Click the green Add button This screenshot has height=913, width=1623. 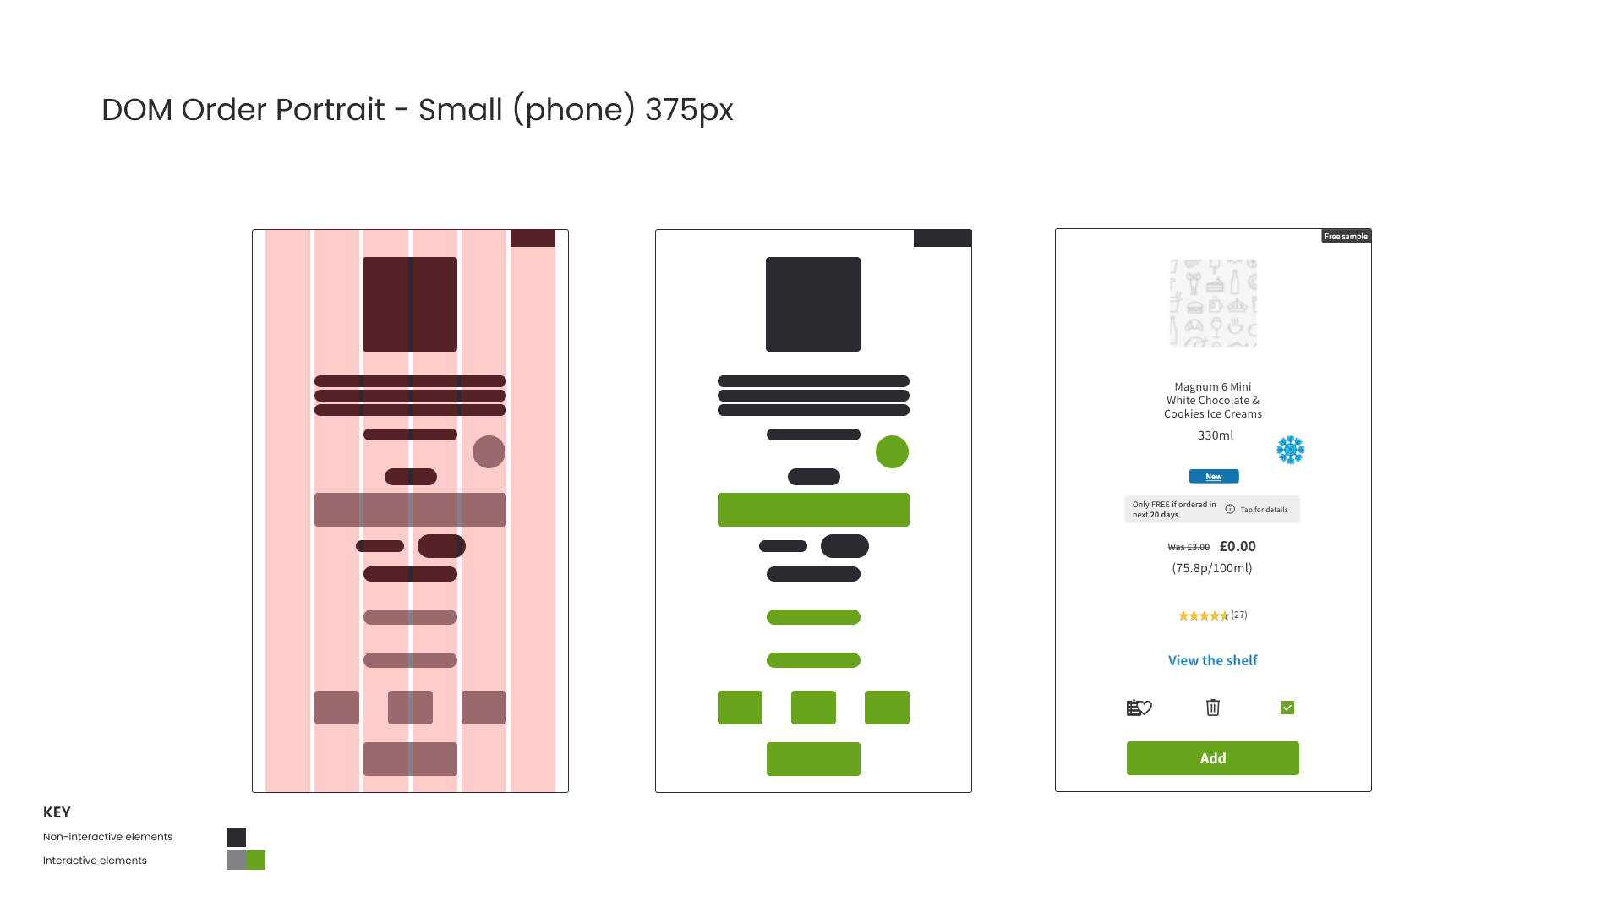tap(1212, 758)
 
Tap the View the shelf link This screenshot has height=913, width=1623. tap(1212, 660)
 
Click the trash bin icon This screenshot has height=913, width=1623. tap(1212, 708)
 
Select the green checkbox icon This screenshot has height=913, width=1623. tap(1287, 708)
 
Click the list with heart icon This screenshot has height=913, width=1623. tap(1139, 708)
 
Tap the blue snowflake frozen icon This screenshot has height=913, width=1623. tap(1290, 450)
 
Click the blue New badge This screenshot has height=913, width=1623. tap(1213, 477)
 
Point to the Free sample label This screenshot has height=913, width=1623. tap(1346, 237)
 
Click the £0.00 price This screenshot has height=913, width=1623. tap(1238, 546)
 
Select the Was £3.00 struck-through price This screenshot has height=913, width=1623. tap(1189, 548)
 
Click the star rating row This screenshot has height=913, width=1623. tap(1212, 615)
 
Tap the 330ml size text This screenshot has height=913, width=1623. tap(1215, 435)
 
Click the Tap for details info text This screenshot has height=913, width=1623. tap(1263, 510)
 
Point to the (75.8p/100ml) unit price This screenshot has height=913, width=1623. tap(1211, 568)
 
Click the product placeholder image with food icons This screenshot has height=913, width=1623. tap(1212, 303)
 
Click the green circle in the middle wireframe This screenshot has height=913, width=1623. tap(892, 452)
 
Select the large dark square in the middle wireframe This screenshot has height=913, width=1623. tap(812, 304)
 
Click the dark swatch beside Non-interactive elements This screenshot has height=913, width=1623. tap(236, 837)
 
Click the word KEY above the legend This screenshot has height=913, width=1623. tap(57, 812)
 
